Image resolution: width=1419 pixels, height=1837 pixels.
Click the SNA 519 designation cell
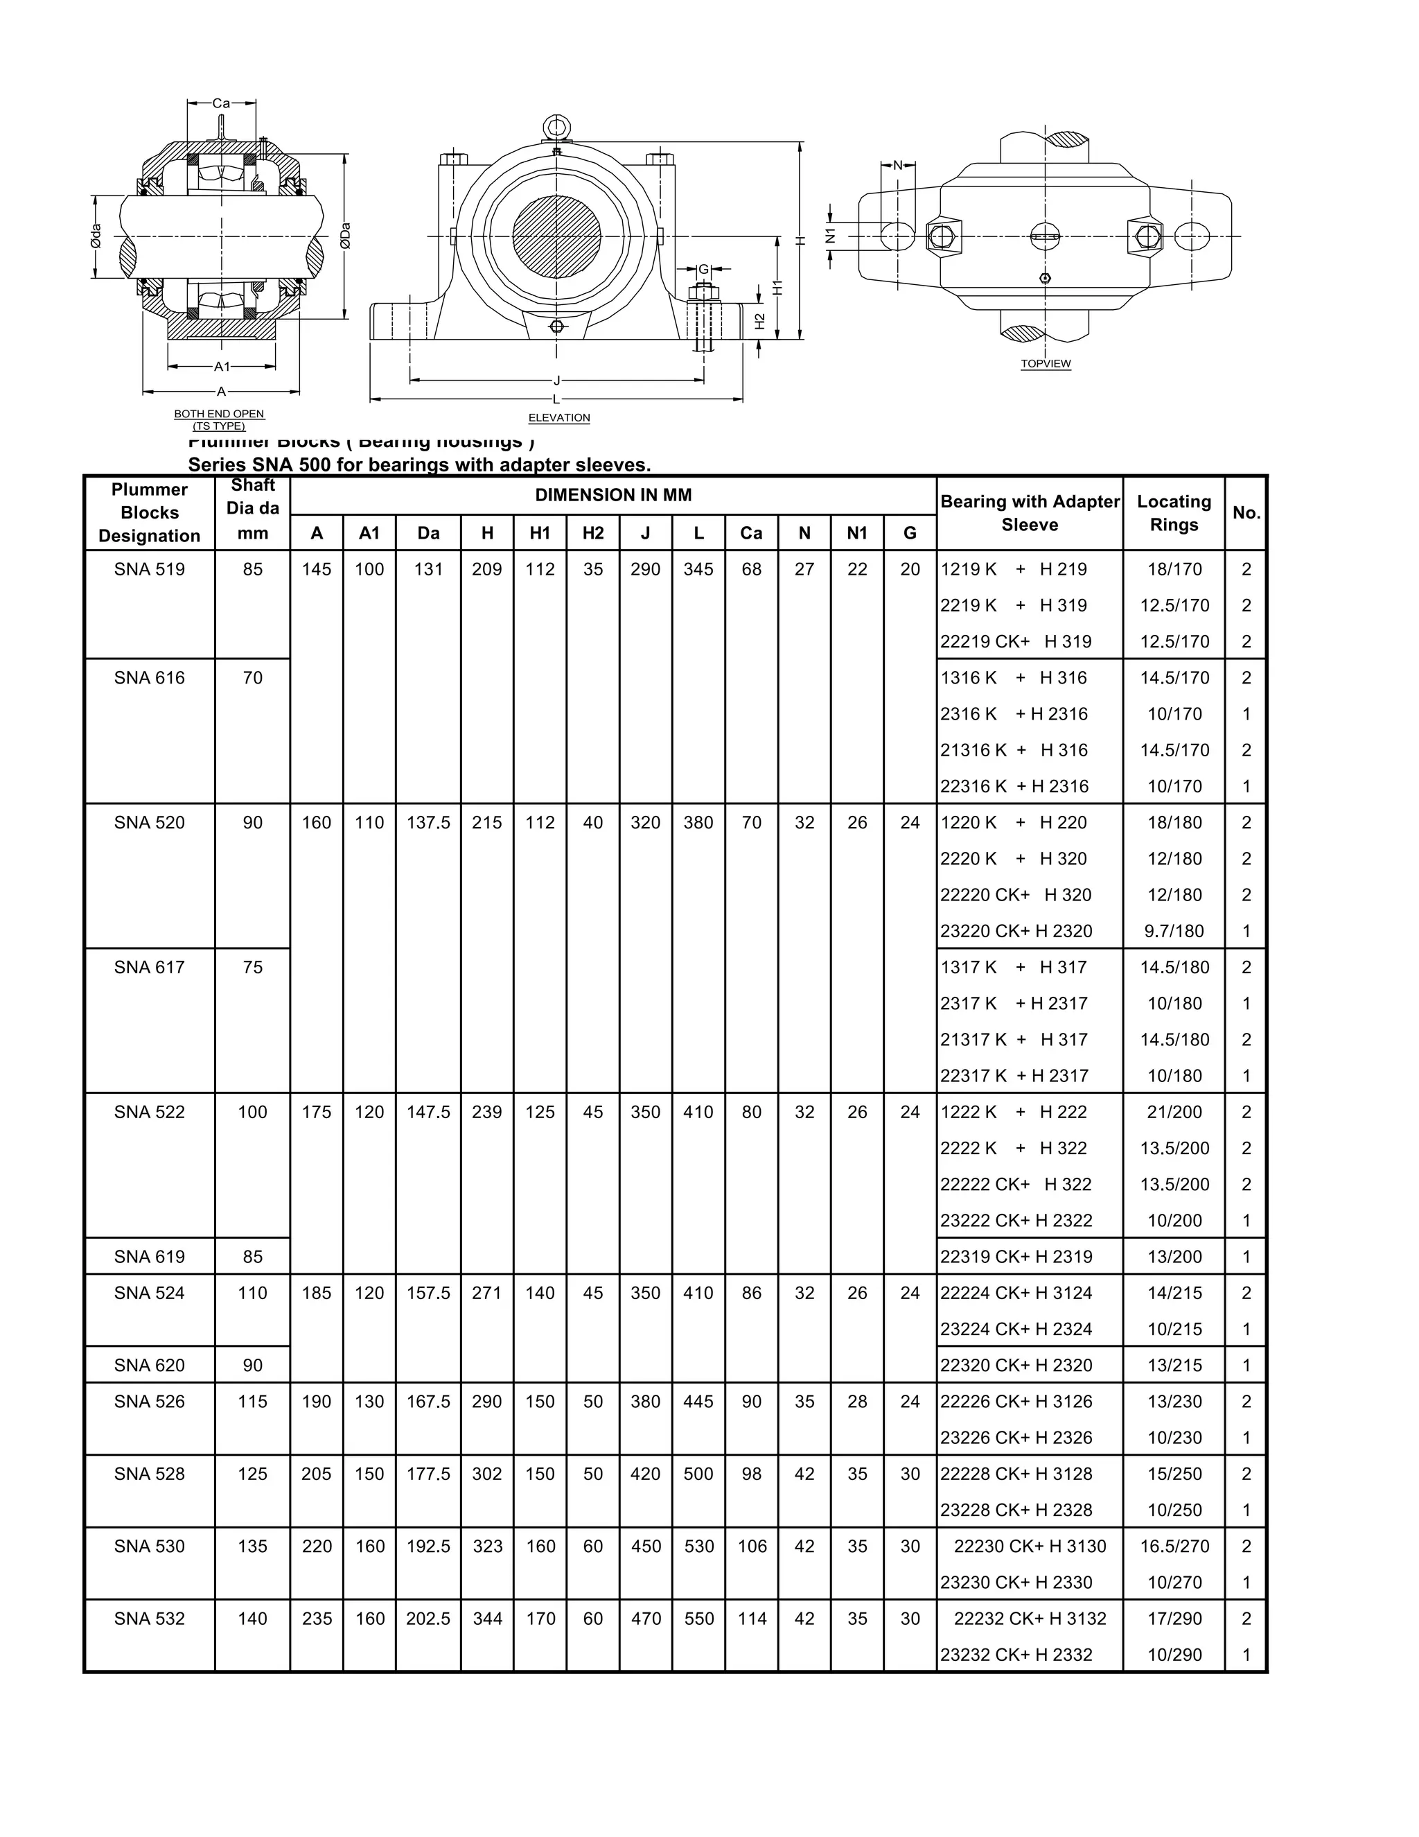(150, 569)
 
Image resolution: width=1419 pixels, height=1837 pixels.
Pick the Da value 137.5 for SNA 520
(428, 823)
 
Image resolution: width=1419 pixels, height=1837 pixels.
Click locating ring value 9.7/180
(1174, 931)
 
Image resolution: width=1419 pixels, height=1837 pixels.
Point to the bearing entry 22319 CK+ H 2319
(1016, 1257)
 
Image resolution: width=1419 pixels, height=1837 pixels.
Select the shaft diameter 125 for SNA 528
(252, 1474)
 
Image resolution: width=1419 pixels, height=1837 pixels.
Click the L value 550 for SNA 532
(698, 1619)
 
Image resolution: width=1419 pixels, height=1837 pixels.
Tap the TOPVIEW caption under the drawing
(1046, 364)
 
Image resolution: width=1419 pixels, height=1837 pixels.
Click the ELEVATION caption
(559, 418)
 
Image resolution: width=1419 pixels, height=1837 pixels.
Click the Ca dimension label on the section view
(221, 103)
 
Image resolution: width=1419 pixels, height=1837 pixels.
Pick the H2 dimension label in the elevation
(760, 322)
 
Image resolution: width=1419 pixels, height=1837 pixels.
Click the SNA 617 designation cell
(150, 967)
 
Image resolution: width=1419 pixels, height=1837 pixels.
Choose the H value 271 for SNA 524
(486, 1293)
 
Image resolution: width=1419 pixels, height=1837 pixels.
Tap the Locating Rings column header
(1174, 513)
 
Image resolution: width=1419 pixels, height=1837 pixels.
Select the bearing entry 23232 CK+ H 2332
(1016, 1655)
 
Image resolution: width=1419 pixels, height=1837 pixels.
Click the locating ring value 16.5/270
(1174, 1546)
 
